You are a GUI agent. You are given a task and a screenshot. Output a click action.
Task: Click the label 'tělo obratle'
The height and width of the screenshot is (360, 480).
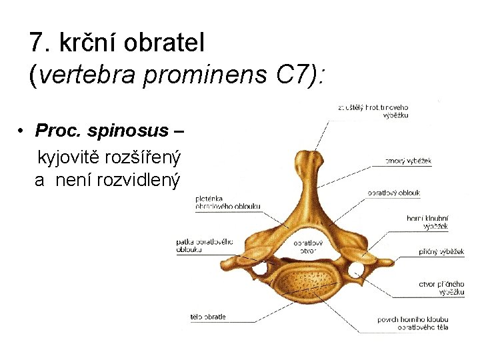(x=208, y=317)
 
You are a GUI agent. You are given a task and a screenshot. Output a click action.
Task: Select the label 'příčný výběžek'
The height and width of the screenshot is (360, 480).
(x=442, y=252)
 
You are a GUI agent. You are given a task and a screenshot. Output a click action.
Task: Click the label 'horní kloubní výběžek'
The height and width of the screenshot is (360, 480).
(x=427, y=222)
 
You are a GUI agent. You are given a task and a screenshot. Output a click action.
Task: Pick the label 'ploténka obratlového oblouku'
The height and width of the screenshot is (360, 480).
(x=227, y=202)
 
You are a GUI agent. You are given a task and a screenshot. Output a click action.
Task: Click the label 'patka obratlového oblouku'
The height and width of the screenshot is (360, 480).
(x=205, y=245)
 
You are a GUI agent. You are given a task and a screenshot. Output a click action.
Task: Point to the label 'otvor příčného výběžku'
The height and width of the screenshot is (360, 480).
(x=441, y=288)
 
